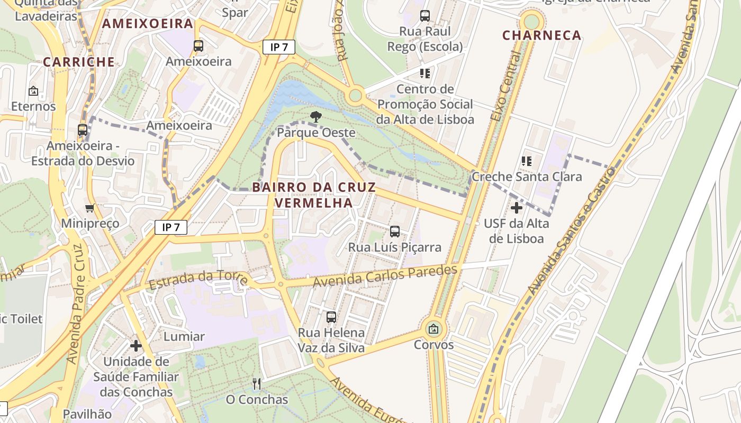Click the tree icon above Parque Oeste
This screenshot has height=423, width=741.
[x=315, y=117]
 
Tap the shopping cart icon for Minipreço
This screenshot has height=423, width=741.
[x=90, y=208]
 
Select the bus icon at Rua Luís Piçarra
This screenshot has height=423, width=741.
[x=395, y=231]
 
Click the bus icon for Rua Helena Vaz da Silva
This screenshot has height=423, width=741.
[x=331, y=317]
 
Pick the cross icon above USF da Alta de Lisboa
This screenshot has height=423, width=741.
[x=516, y=208]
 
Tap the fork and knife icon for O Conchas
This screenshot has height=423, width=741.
[x=257, y=383]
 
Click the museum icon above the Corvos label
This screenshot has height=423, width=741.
[x=433, y=329]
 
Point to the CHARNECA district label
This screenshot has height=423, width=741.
[x=541, y=35]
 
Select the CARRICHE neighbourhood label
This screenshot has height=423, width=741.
[x=79, y=62]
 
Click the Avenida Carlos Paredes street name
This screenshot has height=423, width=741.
[x=385, y=277]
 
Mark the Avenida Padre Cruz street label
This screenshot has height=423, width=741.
[x=76, y=304]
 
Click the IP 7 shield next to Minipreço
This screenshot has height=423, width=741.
[x=171, y=228]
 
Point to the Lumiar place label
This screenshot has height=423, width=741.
[x=184, y=336]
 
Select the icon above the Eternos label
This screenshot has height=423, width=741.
[x=33, y=91]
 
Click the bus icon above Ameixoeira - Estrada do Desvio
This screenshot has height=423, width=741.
[x=83, y=130]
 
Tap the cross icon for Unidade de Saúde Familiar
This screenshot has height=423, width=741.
[x=136, y=346]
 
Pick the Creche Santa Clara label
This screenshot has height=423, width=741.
[x=527, y=177]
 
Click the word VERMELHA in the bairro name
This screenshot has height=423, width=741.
[x=314, y=203]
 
